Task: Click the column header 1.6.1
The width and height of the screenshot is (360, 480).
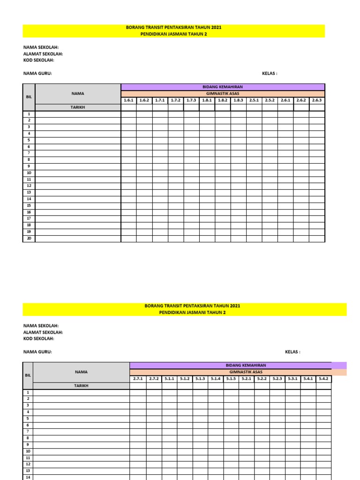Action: click(128, 100)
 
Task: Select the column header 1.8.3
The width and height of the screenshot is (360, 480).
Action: click(238, 100)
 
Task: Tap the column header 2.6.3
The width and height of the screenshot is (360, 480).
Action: click(316, 100)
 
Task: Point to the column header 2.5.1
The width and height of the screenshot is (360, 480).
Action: click(254, 100)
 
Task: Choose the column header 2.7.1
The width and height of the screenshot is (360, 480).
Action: click(138, 379)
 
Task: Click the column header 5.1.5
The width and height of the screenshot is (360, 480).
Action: click(231, 379)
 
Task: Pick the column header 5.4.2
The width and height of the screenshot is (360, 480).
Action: click(323, 379)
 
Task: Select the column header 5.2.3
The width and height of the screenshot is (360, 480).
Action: click(277, 379)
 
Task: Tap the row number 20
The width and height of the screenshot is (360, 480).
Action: click(29, 238)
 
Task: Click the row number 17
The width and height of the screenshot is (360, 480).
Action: click(29, 218)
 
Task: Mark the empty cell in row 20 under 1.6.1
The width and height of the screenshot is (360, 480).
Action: click(128, 238)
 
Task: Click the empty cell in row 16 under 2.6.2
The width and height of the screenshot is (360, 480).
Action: click(301, 212)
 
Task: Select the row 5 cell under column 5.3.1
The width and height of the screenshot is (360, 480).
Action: click(292, 419)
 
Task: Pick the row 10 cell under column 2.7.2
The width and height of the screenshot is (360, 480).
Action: click(154, 451)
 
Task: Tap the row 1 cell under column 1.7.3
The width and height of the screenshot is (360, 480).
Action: click(191, 114)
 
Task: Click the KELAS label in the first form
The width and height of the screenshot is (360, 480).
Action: click(270, 74)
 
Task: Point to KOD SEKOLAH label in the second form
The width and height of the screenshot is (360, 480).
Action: click(39, 338)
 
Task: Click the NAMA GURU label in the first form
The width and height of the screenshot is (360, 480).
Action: click(37, 74)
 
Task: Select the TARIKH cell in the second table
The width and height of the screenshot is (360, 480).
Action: click(81, 386)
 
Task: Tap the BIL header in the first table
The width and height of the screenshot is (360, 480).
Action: click(29, 97)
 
